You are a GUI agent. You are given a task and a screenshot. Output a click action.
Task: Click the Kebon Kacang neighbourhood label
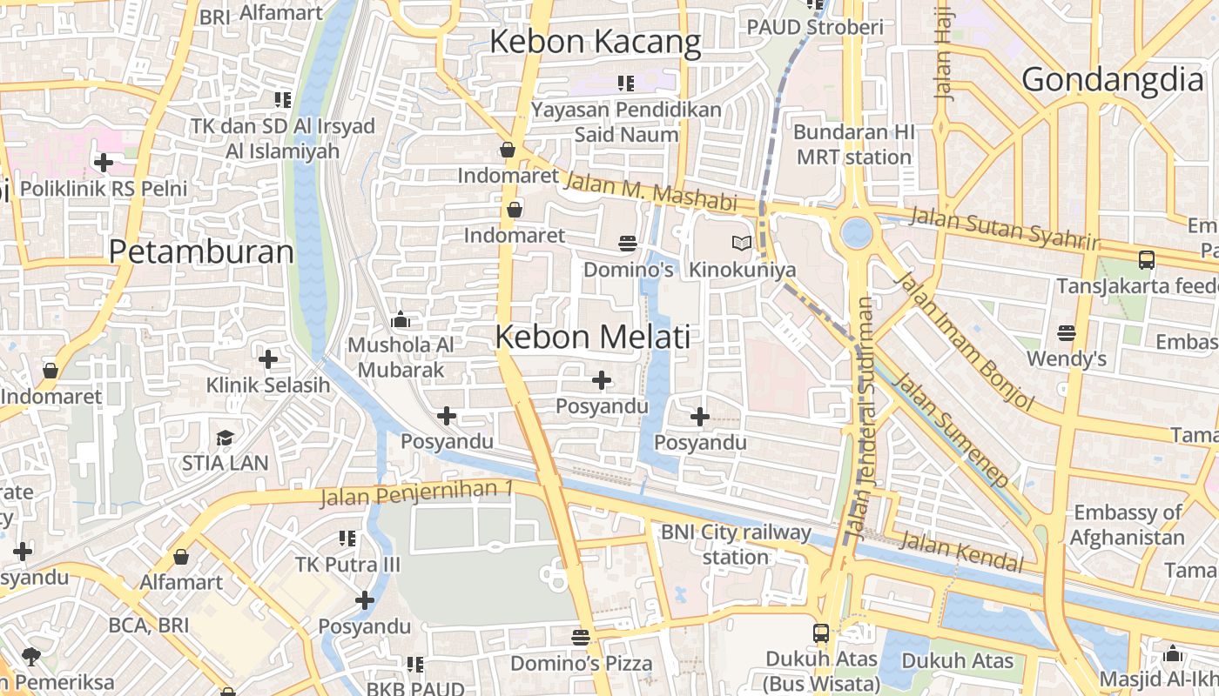coord(595,41)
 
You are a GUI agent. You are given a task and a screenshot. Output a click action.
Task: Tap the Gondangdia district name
coord(1112,79)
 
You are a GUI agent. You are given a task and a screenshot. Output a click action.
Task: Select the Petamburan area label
coord(201,251)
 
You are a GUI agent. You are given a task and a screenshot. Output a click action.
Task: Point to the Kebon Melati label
coord(593,337)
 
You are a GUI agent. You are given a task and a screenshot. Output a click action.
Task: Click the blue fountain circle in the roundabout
coord(856,232)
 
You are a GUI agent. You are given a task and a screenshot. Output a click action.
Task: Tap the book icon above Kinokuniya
coord(741,244)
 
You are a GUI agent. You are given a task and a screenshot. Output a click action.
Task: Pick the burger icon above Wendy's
coord(1066,332)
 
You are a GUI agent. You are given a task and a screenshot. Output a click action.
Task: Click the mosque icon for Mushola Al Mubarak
coord(401,319)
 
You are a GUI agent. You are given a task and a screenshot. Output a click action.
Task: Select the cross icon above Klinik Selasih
coord(268,358)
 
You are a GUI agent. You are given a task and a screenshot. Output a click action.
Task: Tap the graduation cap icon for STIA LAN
coord(226,437)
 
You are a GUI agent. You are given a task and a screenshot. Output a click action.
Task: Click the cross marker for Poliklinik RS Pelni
coord(104,162)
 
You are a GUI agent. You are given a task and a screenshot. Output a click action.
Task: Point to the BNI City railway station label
coord(736,544)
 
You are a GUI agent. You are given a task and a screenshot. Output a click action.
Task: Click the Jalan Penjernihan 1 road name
coord(416,493)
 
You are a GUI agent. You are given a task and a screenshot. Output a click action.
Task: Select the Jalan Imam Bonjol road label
coord(965,340)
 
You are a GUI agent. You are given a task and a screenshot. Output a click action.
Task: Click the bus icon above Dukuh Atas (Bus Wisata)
coord(821,632)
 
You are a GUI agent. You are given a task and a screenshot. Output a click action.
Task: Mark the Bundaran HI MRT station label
coord(854,144)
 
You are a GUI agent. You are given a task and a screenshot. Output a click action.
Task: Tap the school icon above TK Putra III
coord(347,539)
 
